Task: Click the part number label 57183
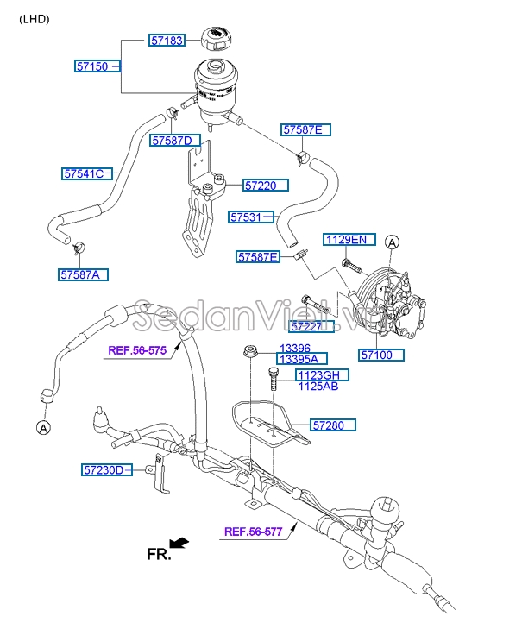click(x=167, y=41)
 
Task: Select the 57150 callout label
click(x=93, y=66)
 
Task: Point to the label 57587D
click(x=175, y=141)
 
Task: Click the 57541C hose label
click(x=84, y=173)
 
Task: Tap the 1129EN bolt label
click(x=345, y=239)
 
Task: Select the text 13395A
click(x=298, y=359)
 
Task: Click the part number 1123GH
click(x=322, y=374)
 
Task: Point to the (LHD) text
click(x=35, y=18)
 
